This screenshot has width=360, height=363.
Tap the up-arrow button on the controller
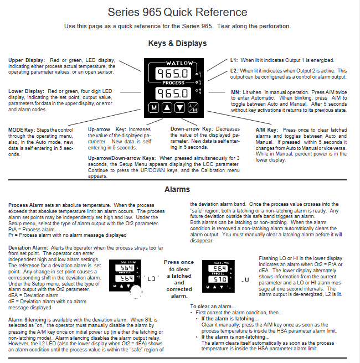pos(167,107)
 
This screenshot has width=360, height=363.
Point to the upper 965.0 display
pos(173,72)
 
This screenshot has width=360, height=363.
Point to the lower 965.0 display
pos(173,92)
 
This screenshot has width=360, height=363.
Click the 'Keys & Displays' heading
pos(177,43)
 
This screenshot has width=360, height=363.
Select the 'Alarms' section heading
pos(177,189)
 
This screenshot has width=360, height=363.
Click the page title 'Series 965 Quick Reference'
pos(177,12)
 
